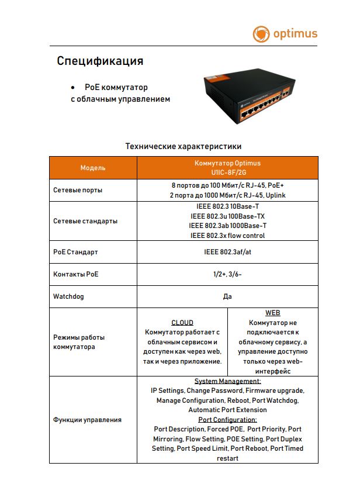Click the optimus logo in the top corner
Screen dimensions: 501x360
285,33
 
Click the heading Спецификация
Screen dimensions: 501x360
100,61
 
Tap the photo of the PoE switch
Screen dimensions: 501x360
248,96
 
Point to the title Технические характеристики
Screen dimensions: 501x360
184,146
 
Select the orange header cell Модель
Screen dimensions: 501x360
93,168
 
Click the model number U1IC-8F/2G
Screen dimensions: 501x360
227,173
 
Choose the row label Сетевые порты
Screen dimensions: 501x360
78,191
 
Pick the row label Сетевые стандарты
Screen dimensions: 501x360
85,221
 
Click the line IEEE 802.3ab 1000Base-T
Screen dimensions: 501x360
227,226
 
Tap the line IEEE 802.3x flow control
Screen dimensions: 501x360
227,236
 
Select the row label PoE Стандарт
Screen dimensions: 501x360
75,253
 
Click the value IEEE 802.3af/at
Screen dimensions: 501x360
227,253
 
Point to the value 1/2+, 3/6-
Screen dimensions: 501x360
227,274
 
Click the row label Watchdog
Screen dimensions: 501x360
68,296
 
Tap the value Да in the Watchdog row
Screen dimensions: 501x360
227,296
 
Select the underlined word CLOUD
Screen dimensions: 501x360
182,323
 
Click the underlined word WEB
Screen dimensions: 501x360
272,313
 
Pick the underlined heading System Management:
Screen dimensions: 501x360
227,381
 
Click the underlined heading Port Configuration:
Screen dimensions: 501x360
227,420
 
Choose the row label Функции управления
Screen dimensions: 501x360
87,420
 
